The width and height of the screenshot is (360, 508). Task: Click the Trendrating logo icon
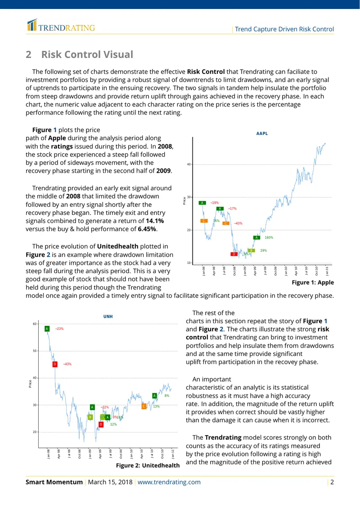click(32, 25)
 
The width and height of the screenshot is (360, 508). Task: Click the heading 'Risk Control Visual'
click(87, 54)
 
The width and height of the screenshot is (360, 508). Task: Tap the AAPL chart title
click(262, 134)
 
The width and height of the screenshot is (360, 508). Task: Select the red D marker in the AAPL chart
click(234, 254)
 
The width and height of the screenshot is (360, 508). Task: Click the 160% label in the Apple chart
click(269, 237)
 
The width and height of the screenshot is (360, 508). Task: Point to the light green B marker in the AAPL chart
click(252, 250)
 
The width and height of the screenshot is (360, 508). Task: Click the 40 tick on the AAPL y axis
click(189, 164)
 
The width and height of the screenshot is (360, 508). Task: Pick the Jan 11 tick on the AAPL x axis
click(327, 271)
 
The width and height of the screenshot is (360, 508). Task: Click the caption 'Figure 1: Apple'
click(313, 282)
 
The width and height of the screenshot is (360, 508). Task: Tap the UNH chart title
click(108, 316)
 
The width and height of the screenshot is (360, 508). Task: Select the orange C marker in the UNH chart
click(144, 406)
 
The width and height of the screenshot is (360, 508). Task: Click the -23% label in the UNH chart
click(59, 329)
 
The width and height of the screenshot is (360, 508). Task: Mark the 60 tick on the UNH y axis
click(34, 324)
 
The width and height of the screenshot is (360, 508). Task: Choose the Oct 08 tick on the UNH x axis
click(80, 454)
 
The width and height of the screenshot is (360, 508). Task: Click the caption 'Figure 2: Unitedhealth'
click(148, 466)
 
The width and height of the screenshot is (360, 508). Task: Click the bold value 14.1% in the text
click(155, 221)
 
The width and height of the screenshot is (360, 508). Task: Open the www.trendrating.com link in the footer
click(169, 482)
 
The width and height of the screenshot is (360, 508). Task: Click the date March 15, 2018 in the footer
click(110, 482)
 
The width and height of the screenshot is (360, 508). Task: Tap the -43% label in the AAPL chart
click(238, 223)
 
